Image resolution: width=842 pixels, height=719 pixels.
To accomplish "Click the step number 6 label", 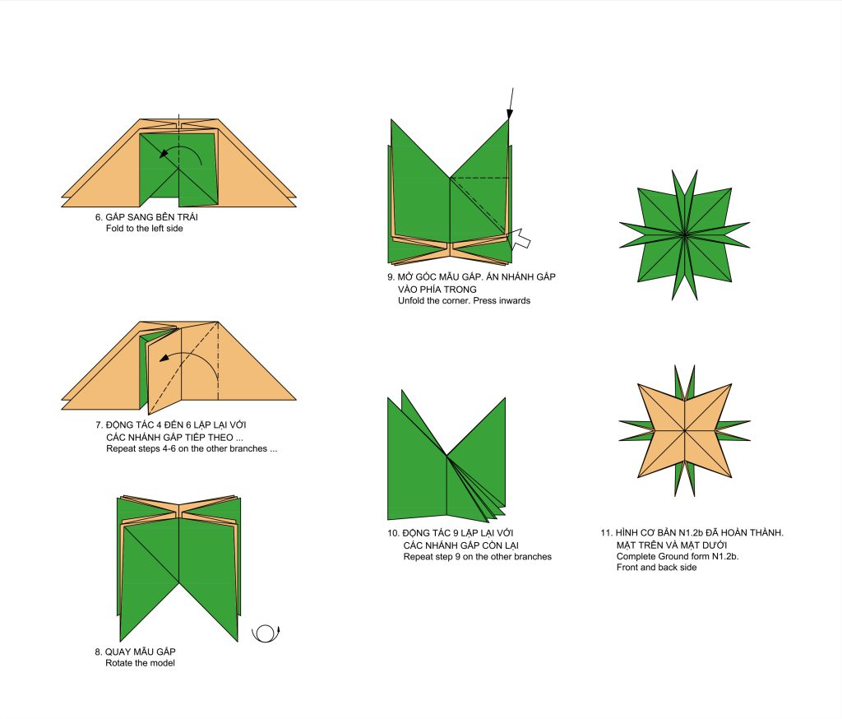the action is point(99,217).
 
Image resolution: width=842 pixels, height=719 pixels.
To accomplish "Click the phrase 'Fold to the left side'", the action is point(145,229).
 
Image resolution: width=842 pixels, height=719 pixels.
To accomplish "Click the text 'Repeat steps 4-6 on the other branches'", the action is point(187,448).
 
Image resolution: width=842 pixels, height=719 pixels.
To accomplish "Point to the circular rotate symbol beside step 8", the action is point(266,633).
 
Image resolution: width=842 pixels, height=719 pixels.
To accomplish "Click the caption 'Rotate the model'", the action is point(140,663).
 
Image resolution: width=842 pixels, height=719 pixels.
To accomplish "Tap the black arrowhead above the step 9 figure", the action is point(510,114).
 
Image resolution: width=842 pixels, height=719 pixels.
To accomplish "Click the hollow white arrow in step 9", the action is point(520,239).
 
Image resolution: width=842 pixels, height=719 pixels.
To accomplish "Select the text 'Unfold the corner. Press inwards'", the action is point(464,301).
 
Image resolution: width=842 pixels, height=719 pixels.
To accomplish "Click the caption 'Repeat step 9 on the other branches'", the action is point(478,557).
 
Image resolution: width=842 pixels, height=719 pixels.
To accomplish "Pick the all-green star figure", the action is point(685,234).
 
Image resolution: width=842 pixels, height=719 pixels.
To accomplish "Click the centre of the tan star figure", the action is point(685,430).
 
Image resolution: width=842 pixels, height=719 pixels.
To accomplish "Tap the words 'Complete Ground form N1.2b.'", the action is point(678,557).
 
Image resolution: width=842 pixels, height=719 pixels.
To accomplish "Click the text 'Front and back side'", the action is point(656,568).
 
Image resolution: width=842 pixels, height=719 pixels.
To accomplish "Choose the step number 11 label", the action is point(606,533).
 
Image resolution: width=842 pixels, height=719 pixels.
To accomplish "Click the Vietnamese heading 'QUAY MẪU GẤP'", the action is point(140,652).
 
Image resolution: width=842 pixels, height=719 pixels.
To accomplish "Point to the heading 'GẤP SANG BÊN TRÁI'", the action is point(151,217).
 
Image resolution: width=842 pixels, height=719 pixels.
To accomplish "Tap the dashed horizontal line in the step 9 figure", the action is point(479,178).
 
